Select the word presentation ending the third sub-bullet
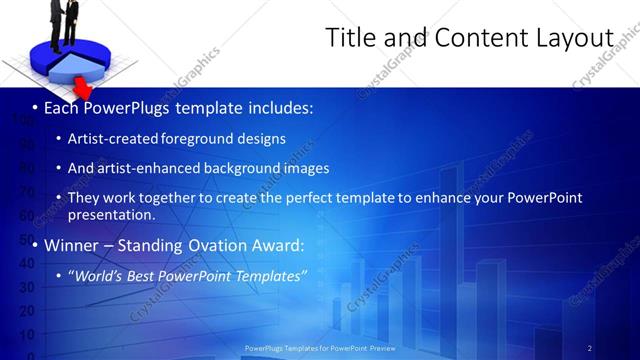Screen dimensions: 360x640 click(x=111, y=214)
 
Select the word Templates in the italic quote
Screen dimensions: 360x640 click(x=270, y=275)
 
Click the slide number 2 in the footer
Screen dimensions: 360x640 click(x=589, y=348)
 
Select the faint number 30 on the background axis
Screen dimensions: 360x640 click(x=27, y=287)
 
